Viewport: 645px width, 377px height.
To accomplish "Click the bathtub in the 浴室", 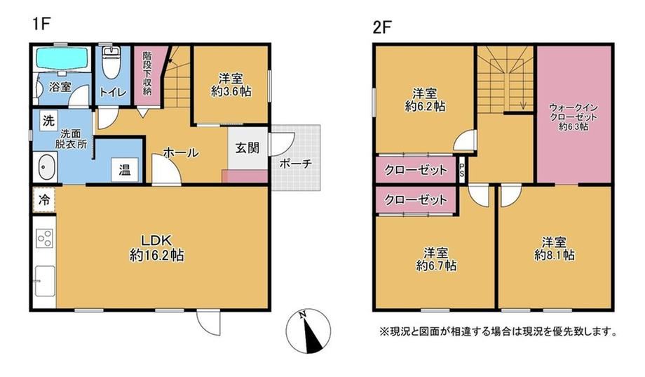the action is tap(62, 58).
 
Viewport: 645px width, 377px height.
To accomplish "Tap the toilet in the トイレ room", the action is tap(110, 62).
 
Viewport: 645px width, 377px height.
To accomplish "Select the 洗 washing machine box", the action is tap(48, 121).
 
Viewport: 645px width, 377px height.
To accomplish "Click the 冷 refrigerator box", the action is tap(44, 200).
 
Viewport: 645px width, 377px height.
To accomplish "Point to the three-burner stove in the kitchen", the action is tap(44, 238).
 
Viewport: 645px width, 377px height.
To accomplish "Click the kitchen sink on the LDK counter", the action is tap(44, 281).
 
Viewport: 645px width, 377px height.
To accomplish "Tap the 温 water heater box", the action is tap(124, 170).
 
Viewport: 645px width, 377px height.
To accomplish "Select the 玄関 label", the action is tap(247, 148).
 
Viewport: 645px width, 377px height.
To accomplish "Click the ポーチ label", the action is tap(295, 164).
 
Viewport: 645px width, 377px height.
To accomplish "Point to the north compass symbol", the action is tap(308, 331).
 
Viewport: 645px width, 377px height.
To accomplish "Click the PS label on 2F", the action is tap(461, 169).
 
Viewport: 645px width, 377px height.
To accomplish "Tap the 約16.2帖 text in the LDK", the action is tap(157, 256).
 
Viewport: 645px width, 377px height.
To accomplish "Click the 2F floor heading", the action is tap(381, 27).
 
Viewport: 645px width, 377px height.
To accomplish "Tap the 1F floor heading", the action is tap(41, 24).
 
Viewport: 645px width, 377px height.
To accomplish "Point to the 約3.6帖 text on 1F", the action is tap(231, 91).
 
